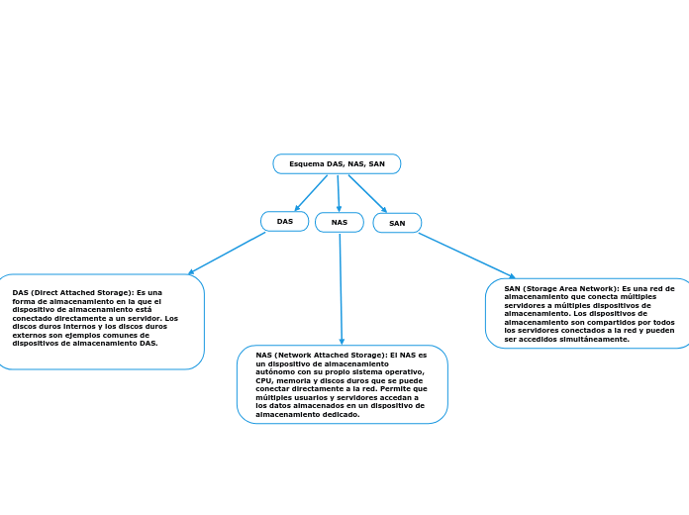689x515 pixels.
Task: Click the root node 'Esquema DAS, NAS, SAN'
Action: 337,163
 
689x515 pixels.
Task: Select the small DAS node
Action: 284,221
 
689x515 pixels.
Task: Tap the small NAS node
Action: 340,222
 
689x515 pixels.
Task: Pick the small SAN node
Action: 397,223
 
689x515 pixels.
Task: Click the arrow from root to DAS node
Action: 311,193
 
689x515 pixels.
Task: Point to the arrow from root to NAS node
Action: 339,193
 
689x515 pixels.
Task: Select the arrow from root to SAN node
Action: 367,193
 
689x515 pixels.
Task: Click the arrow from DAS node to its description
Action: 227,253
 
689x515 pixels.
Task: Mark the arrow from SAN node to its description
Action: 466,256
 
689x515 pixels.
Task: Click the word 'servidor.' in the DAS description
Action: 143,318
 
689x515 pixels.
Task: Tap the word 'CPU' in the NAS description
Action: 263,380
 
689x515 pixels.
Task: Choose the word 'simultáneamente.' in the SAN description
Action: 598,339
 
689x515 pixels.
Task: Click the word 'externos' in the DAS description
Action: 31,335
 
